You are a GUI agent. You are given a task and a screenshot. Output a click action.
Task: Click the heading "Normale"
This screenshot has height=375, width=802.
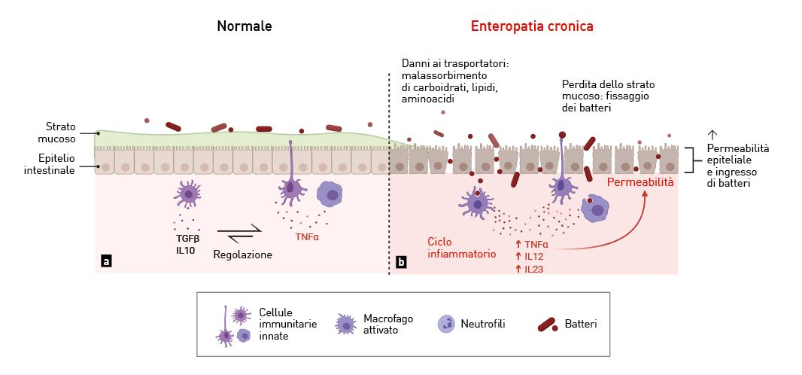245,26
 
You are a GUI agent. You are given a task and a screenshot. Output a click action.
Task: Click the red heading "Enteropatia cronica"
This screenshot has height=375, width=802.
532,26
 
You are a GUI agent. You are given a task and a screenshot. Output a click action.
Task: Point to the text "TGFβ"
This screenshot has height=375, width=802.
186,238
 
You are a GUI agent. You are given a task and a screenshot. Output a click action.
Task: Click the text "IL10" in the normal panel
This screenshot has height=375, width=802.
186,251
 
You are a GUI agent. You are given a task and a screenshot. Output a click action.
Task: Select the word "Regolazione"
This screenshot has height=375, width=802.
243,255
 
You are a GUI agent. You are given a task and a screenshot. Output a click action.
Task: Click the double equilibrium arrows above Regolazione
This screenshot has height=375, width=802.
239,234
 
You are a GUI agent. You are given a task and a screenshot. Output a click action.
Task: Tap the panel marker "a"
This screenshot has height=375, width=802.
106,261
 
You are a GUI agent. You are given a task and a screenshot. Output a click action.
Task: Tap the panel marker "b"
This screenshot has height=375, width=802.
401,262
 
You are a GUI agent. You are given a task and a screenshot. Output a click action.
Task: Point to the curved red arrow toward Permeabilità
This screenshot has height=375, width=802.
617,233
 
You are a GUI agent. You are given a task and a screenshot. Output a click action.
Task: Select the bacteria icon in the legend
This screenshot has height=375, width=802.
547,325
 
